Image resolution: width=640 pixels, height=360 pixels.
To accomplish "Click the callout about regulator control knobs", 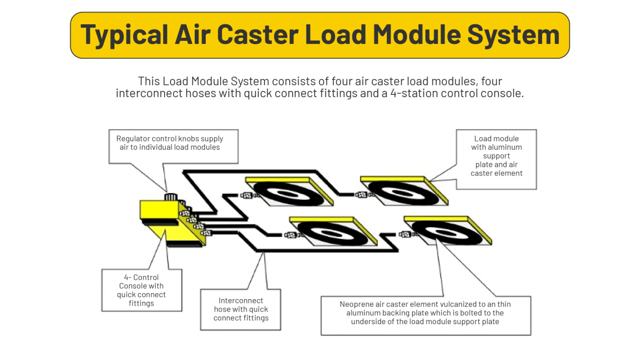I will pyautogui.click(x=173, y=146).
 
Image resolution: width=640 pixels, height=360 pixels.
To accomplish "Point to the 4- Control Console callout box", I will pyautogui.click(x=141, y=290).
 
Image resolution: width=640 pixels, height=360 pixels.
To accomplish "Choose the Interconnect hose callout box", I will pyautogui.click(x=240, y=309).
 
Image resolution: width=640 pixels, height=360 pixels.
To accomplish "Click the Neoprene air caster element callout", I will pyautogui.click(x=425, y=315).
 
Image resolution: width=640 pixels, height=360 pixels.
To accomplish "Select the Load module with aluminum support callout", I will pyautogui.click(x=496, y=159).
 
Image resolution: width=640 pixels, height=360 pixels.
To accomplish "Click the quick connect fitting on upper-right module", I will pyautogui.click(x=362, y=195).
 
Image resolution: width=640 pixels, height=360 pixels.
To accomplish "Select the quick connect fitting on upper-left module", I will pyautogui.click(x=247, y=195).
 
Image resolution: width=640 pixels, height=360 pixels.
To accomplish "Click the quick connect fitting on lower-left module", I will pyautogui.click(x=290, y=235).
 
